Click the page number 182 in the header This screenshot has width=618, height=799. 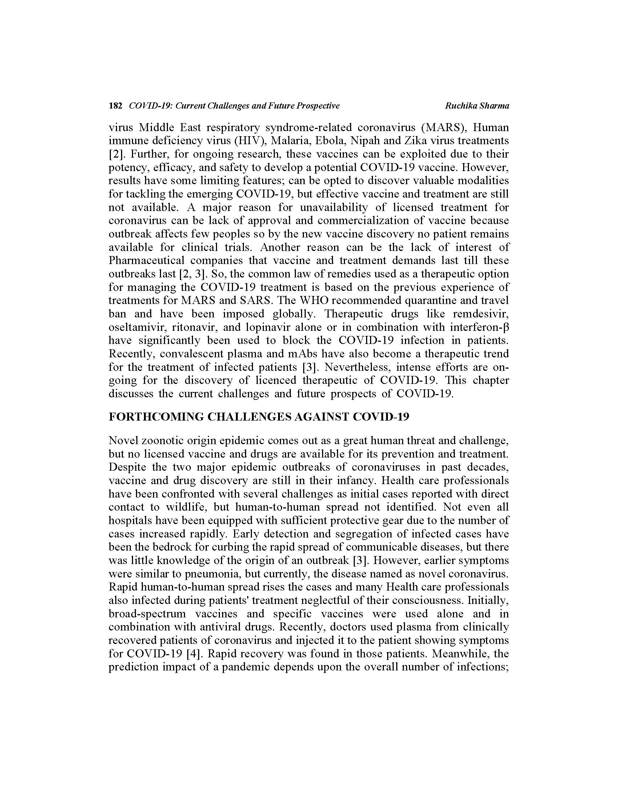point(115,106)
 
